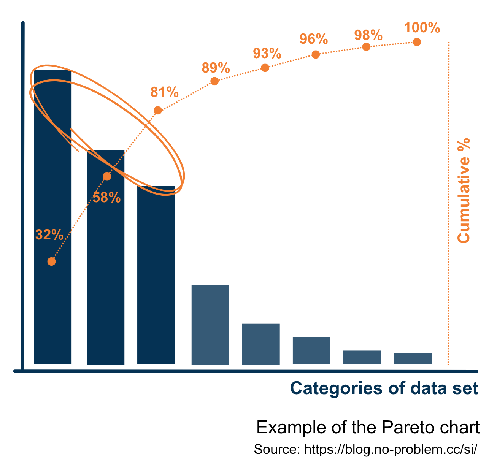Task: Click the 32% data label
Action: (49, 235)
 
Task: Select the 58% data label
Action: (106, 198)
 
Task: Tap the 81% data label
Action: (164, 92)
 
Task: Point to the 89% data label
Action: (216, 68)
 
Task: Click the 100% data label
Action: (422, 28)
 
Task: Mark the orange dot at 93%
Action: (265, 68)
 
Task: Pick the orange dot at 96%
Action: (316, 54)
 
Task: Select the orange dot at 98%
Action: (366, 47)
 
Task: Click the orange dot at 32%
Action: (52, 261)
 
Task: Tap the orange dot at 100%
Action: (417, 42)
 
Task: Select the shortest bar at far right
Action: (413, 358)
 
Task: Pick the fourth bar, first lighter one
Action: (210, 325)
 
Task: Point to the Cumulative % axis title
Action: (464, 190)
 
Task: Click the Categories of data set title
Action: (384, 388)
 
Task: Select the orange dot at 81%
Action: (158, 111)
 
